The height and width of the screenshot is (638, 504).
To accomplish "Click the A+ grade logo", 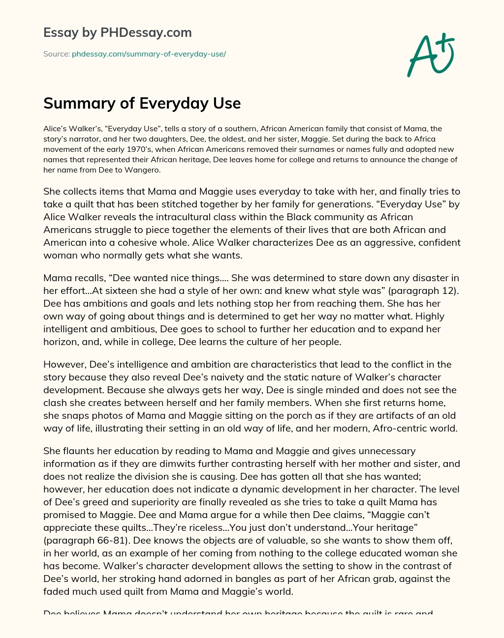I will coord(431,55).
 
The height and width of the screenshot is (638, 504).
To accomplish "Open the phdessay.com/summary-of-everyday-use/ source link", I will coord(149,54).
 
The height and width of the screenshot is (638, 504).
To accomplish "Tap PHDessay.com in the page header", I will coord(146,32).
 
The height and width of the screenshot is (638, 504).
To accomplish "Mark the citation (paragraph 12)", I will coord(423,290).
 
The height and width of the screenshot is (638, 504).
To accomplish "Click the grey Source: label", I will coord(56,54).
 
